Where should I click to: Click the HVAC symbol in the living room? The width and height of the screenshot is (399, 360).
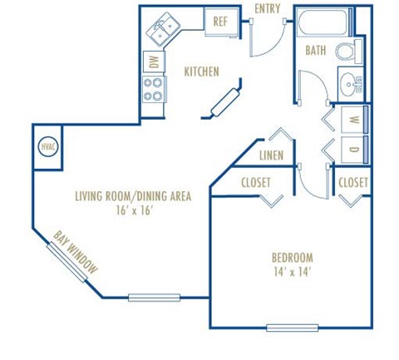47,147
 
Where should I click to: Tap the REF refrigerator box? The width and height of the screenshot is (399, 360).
221,22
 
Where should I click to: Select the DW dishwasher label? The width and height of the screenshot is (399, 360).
153,61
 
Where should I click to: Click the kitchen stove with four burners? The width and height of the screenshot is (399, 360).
153,88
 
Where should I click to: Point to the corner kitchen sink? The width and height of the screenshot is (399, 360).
163,31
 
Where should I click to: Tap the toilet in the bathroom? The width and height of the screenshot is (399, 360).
348,52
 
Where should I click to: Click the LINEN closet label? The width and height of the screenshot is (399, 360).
272,155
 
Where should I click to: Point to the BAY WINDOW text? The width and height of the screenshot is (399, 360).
76,253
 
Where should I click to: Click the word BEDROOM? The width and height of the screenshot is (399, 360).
292,257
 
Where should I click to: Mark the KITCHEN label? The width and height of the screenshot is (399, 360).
201,72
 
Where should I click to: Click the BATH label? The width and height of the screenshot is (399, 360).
316,51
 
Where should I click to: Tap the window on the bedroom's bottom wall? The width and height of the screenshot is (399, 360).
292,327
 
